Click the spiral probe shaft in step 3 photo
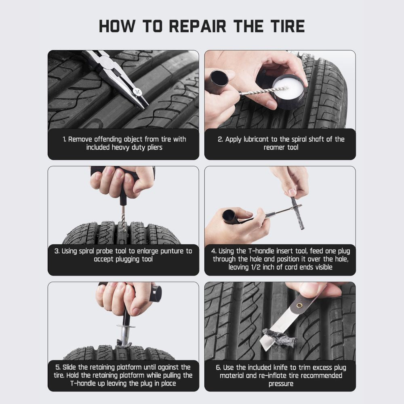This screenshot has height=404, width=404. coord(123,218)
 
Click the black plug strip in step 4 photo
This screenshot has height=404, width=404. coord(297,213)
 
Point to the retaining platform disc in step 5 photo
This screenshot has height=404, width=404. coord(126,326)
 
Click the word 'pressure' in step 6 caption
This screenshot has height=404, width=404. coord(280,383)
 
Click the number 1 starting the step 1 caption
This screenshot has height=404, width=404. coord(64,139)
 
